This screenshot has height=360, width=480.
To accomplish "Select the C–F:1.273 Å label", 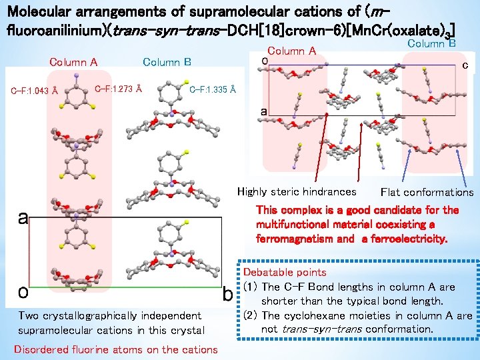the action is click(118, 87).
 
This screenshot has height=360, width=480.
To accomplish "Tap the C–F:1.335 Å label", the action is click(212, 90).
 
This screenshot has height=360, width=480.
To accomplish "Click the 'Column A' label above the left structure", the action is click(73, 63).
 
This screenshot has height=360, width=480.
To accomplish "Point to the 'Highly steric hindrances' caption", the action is click(297, 192).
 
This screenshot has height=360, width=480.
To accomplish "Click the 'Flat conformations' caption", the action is click(427, 193).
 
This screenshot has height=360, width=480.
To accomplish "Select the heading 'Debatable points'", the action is click(285, 273).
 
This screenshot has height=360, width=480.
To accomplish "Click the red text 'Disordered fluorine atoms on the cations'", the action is click(115, 349).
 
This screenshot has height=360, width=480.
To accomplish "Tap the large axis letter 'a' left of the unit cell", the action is click(23, 219).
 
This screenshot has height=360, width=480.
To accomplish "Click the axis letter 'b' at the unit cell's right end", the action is click(227, 294).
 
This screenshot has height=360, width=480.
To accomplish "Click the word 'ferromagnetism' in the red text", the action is click(291, 238).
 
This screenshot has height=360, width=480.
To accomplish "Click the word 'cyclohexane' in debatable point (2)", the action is click(310, 315).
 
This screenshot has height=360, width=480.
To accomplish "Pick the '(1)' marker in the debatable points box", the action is click(251, 287).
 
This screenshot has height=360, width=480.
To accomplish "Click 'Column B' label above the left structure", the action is click(167, 63).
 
